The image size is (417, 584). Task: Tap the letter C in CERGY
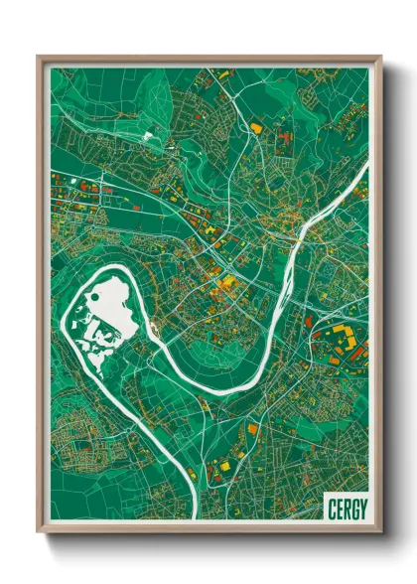331,509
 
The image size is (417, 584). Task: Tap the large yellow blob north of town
258,127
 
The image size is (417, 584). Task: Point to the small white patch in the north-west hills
149,132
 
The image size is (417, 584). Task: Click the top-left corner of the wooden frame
38,57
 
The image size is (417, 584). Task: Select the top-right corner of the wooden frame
380,57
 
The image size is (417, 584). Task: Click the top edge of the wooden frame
208,58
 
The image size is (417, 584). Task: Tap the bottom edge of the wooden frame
208,529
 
